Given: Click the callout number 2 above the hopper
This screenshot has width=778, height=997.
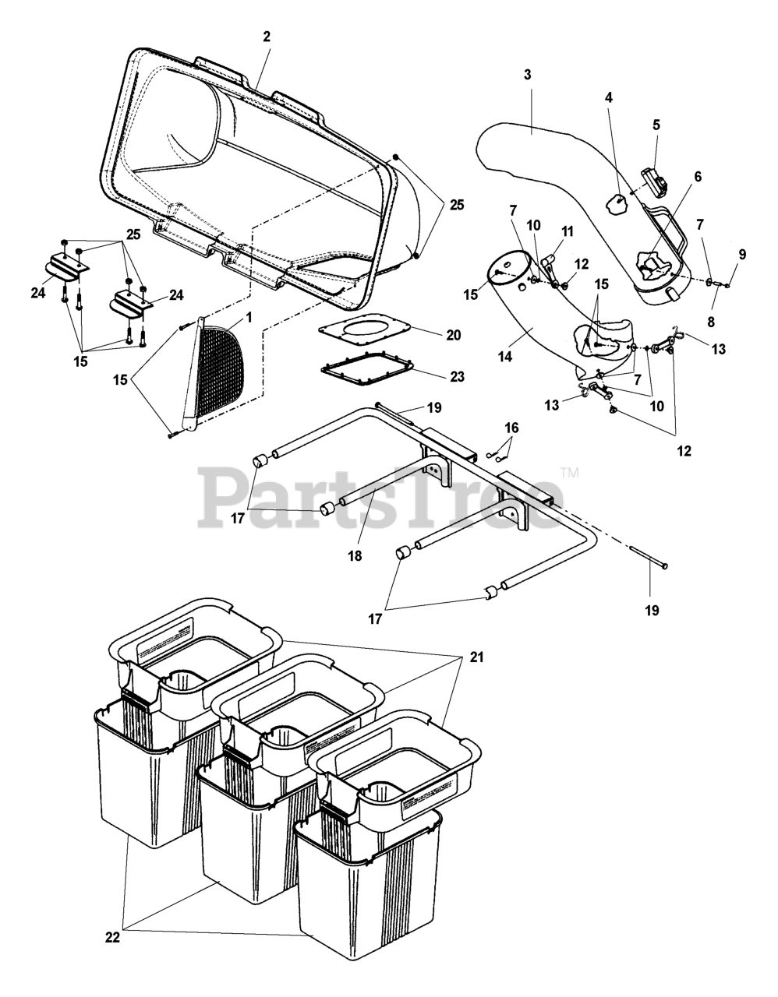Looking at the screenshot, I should pos(267,37).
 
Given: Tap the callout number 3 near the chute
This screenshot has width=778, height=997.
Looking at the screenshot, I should pos(528,75).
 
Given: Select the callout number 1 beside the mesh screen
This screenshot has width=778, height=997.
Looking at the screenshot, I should pos(248,317).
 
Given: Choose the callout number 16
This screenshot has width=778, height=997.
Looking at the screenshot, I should pos(511,428).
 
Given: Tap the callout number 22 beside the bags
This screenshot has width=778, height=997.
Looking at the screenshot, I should pos(112,939).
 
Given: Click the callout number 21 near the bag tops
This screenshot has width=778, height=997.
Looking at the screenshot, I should pos(477,657).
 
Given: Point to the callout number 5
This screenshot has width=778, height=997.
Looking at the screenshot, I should pos(656,124).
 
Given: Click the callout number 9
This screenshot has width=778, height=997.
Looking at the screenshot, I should pos(741,254).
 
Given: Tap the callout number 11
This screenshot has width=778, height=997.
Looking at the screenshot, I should pos(567,231).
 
